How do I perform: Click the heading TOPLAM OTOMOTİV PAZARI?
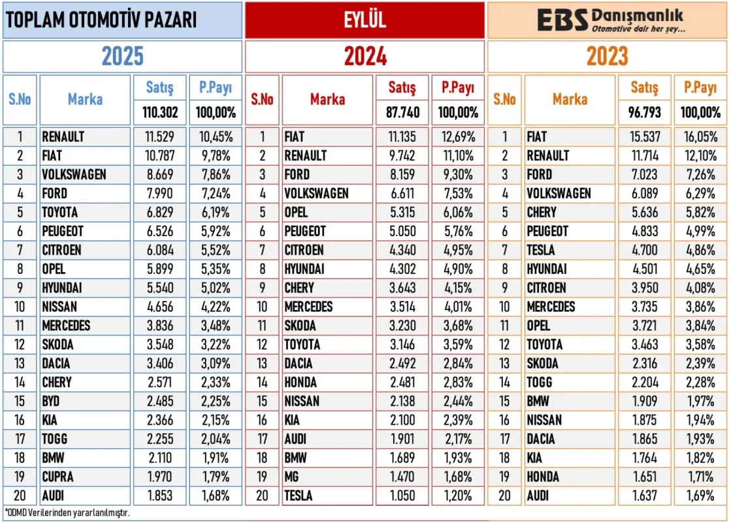click(x=101, y=20)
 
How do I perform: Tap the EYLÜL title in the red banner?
click(x=365, y=20)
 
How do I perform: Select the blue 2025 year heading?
click(x=122, y=57)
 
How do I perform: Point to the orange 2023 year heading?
click(x=607, y=57)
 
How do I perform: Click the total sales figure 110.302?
click(x=160, y=112)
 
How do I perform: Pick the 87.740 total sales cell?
click(x=402, y=112)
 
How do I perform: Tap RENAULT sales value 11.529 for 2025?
click(x=160, y=137)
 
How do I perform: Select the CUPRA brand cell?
click(x=57, y=477)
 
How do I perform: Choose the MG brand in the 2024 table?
click(x=293, y=477)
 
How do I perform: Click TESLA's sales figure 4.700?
click(x=644, y=250)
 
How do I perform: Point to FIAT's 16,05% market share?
click(x=700, y=137)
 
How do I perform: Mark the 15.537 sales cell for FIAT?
click(x=644, y=137)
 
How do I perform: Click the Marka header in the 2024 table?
click(x=327, y=99)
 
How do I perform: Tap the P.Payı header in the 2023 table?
click(x=700, y=87)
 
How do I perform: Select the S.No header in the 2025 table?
click(x=20, y=99)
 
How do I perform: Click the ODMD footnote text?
click(x=67, y=512)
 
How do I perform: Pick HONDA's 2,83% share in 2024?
click(x=457, y=382)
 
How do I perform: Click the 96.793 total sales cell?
click(x=645, y=112)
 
